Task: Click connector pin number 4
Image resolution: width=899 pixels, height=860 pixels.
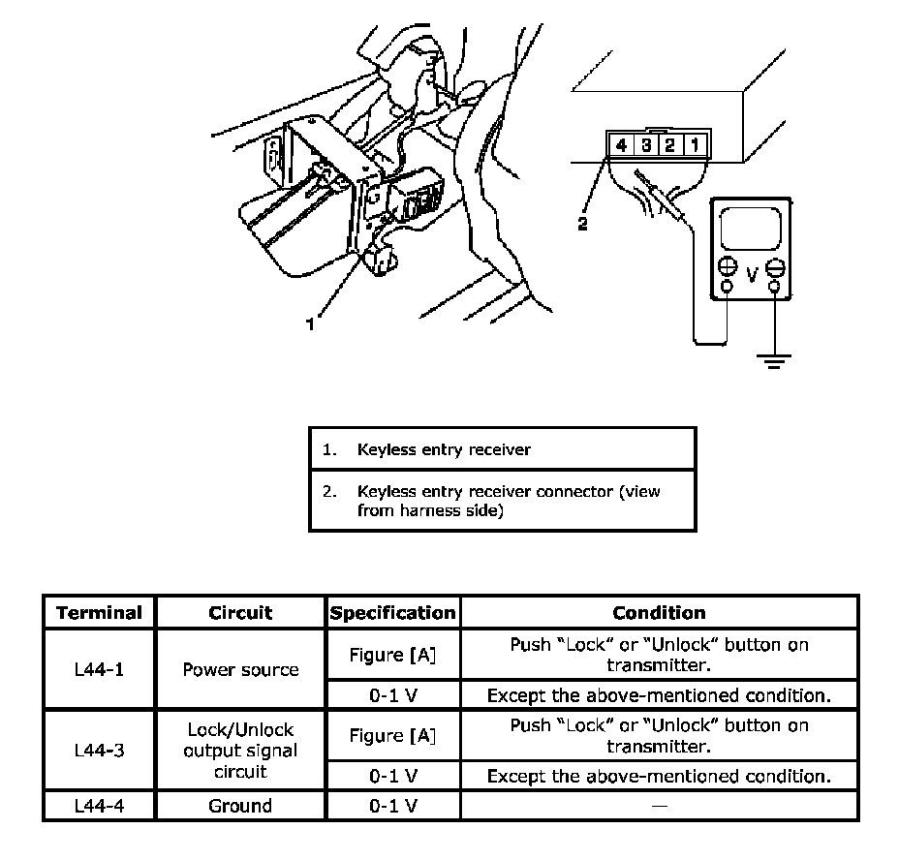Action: pos(621,146)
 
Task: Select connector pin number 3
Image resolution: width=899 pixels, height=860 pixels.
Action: pos(645,146)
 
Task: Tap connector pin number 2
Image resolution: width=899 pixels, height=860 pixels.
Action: pos(668,146)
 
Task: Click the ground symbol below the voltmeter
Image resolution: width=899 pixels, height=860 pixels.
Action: pos(774,361)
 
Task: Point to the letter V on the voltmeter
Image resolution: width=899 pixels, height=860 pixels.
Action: pos(751,275)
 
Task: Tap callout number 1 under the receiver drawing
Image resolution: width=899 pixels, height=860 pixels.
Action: pos(310,325)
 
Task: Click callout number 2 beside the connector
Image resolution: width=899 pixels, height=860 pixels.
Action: pos(582,224)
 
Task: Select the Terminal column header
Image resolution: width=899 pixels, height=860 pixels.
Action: pos(99,613)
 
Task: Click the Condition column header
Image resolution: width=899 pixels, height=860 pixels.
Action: pos(659,613)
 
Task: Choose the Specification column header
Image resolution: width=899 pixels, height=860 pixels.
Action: pos(392,613)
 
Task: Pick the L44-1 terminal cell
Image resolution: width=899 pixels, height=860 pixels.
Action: pos(99,669)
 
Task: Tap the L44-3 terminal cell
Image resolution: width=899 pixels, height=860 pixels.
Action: pos(99,750)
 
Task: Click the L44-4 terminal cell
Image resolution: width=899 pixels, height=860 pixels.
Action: pos(99,805)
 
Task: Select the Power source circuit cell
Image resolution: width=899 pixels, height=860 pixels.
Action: pos(240,669)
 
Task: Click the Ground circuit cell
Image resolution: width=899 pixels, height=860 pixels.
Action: pos(240,805)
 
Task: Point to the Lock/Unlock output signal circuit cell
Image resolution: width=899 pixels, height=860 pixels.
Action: pos(240,750)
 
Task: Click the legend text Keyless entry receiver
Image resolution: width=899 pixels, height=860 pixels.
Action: pos(444,449)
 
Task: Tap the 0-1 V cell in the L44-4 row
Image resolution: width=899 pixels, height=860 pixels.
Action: pos(392,805)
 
